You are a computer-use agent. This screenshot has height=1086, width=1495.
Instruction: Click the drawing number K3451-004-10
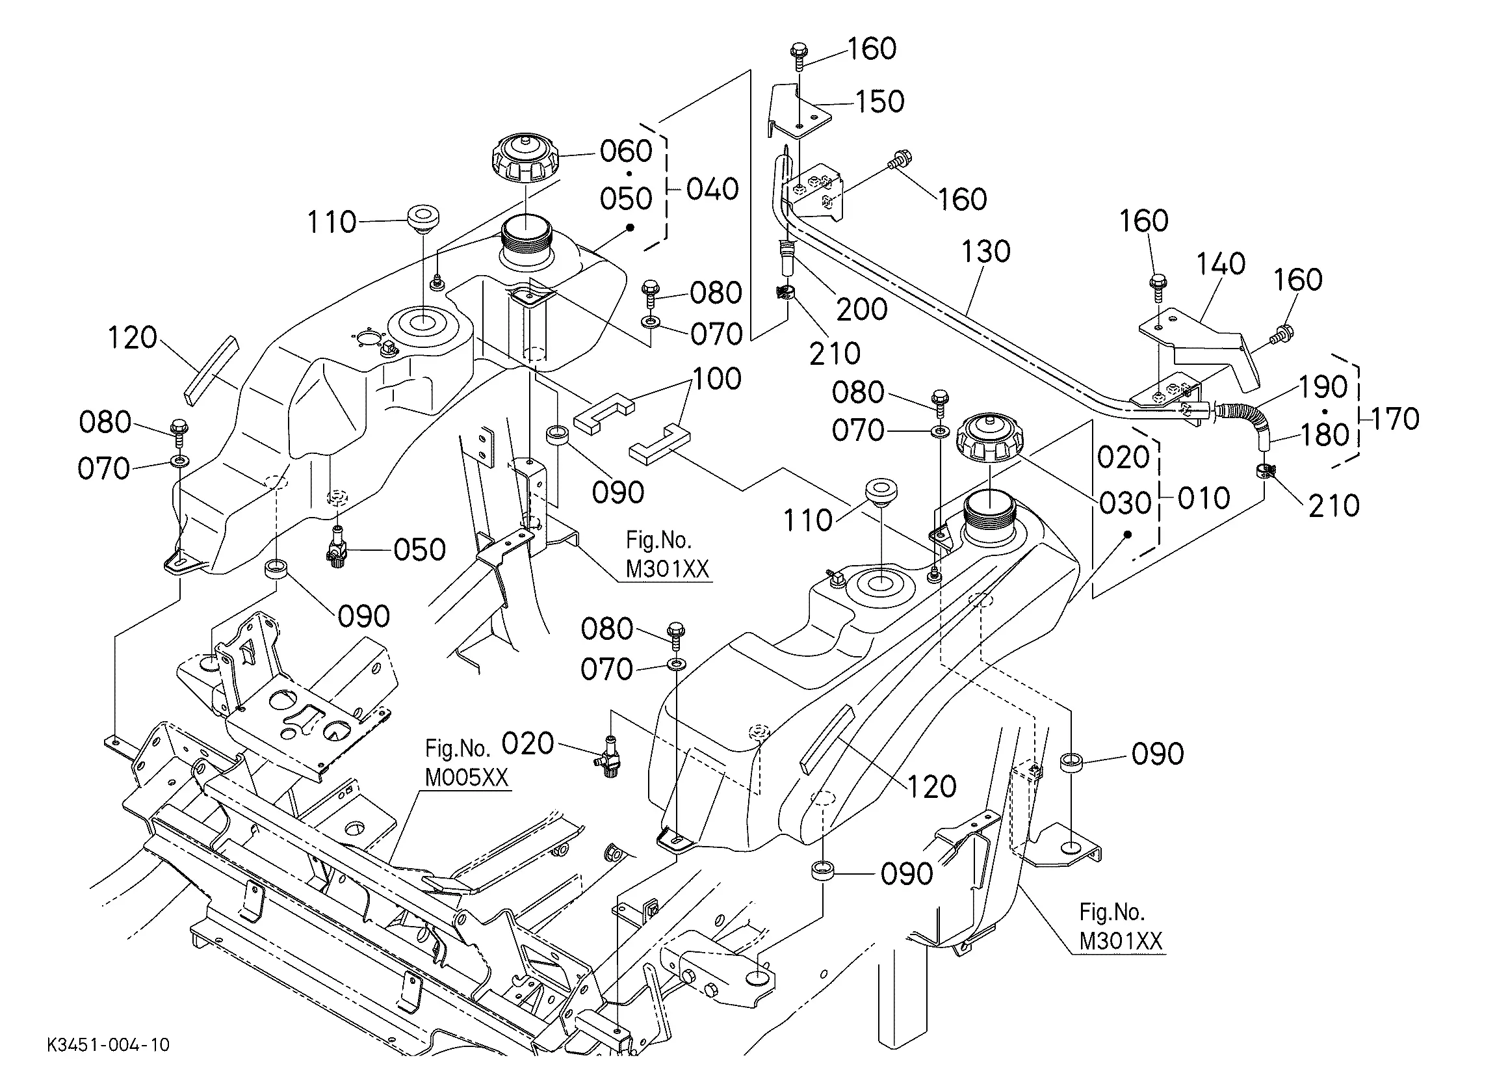tap(108, 1045)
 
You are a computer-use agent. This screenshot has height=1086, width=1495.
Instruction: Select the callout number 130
tap(985, 251)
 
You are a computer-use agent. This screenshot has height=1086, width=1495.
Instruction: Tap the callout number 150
tap(880, 101)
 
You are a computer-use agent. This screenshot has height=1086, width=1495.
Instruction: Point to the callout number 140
tap(1221, 264)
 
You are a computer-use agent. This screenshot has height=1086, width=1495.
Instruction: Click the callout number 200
tap(862, 309)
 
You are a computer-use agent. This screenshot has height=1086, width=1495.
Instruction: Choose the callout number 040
tap(712, 189)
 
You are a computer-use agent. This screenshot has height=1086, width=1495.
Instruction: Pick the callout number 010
tap(1204, 498)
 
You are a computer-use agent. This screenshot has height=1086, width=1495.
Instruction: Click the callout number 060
tap(626, 151)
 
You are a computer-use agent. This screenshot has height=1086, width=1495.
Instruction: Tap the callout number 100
tap(717, 378)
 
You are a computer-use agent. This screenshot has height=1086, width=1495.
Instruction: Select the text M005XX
tap(467, 777)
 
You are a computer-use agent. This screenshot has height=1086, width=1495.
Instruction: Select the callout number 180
tap(1324, 435)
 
